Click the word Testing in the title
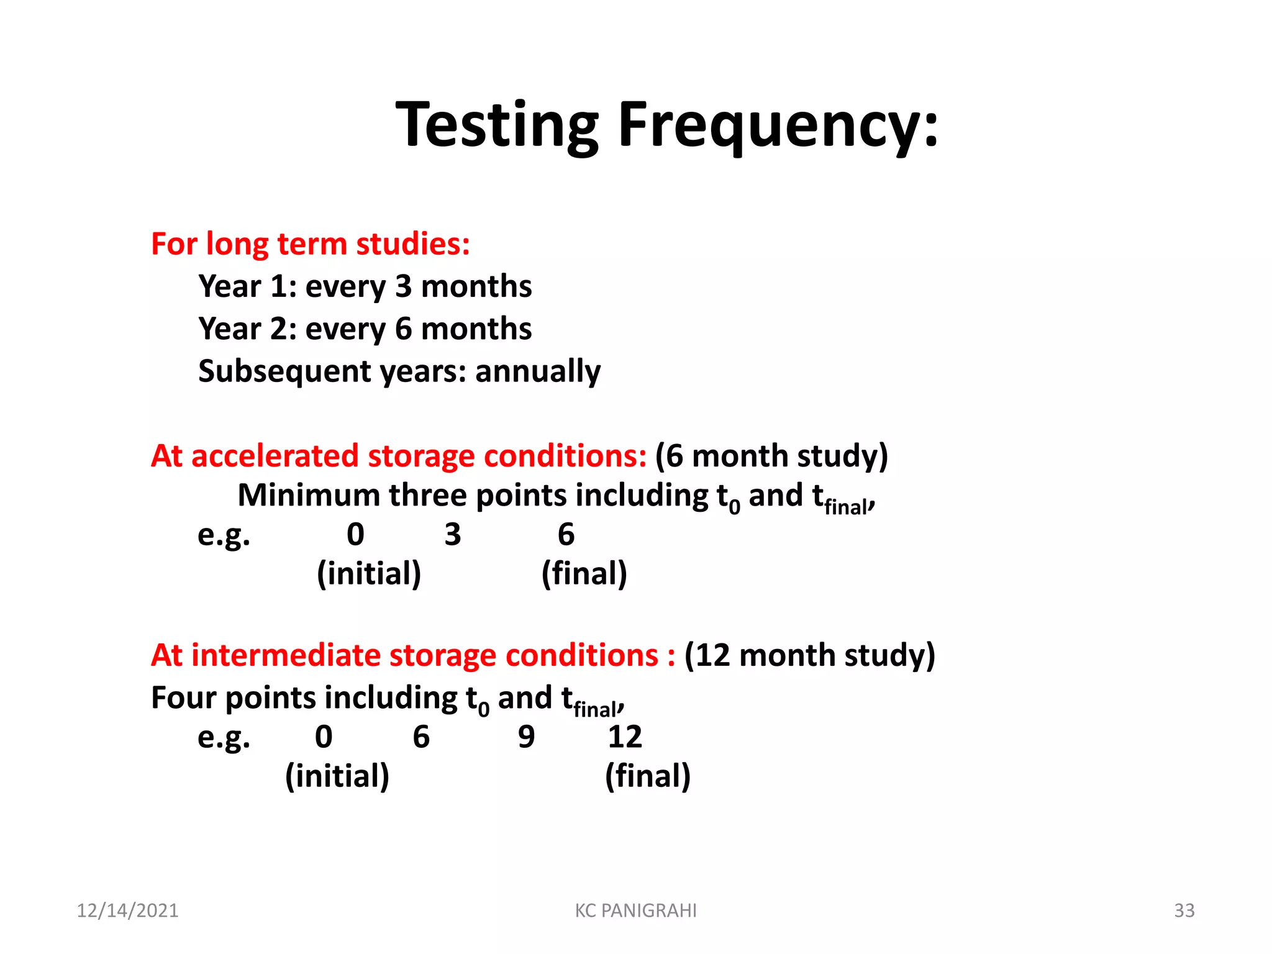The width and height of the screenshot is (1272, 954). [x=497, y=126]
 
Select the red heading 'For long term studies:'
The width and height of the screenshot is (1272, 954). [x=310, y=244]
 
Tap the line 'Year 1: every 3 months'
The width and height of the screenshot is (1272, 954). [x=365, y=287]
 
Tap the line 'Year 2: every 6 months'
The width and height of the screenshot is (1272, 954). [x=365, y=329]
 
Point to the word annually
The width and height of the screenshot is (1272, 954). [x=537, y=371]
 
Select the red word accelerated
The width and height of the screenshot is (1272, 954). [x=274, y=456]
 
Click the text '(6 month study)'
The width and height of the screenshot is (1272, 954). [x=771, y=456]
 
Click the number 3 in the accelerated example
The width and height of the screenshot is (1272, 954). [x=453, y=535]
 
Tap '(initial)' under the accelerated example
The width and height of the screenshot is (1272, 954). [x=369, y=573]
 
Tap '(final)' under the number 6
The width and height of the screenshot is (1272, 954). [x=584, y=573]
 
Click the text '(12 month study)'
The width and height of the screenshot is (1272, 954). [x=809, y=656]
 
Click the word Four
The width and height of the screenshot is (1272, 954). [x=183, y=698]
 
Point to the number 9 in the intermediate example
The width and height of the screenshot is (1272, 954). [x=526, y=737]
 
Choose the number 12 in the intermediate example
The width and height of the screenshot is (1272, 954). [x=624, y=737]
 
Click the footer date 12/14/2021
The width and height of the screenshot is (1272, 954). [x=127, y=911]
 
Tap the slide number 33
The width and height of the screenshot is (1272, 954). [x=1184, y=911]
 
